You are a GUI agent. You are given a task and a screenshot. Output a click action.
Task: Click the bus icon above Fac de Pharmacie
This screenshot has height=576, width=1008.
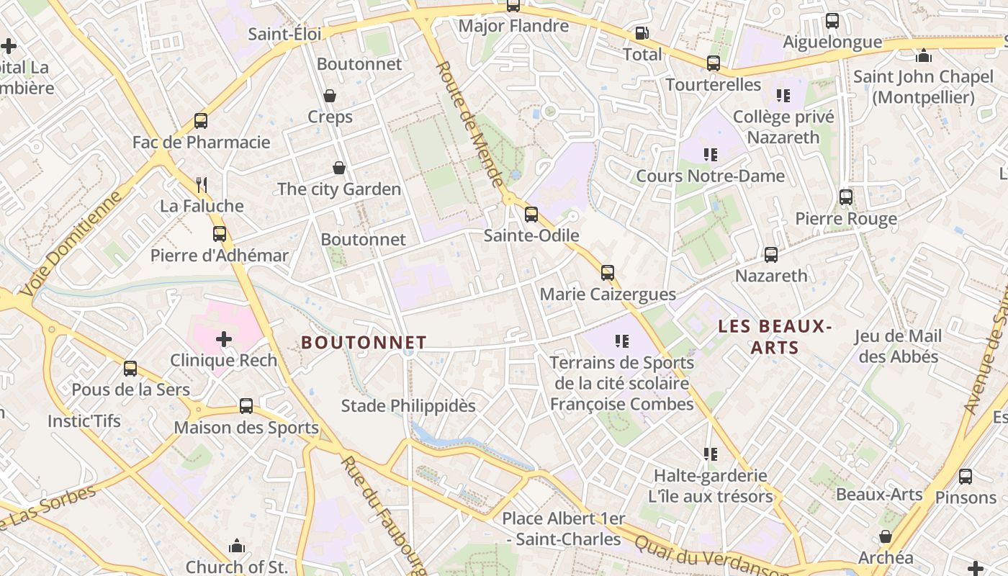click(x=201, y=121)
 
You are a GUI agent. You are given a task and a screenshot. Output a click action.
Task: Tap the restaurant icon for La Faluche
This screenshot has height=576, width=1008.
click(x=202, y=185)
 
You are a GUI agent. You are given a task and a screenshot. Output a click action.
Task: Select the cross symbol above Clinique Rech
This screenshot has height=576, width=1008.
click(x=224, y=338)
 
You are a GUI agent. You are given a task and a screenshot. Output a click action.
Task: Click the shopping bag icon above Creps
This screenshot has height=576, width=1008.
click(x=330, y=96)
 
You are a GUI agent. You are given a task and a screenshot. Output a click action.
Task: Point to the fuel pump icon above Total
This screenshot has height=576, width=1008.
click(x=641, y=33)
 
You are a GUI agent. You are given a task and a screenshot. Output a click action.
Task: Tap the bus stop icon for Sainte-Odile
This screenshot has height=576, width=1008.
click(x=531, y=214)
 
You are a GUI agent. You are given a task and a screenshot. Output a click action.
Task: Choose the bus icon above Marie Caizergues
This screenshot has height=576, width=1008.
click(x=608, y=273)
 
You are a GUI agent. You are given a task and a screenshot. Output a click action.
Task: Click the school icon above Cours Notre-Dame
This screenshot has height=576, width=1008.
click(x=711, y=155)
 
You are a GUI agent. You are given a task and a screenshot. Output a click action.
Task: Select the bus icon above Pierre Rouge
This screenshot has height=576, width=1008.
click(x=846, y=197)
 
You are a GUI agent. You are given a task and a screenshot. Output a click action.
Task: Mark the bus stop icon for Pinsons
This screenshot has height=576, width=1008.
click(x=966, y=476)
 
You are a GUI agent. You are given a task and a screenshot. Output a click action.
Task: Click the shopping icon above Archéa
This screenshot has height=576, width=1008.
click(x=886, y=536)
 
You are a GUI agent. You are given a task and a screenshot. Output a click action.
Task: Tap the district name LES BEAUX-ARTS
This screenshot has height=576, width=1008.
click(x=775, y=337)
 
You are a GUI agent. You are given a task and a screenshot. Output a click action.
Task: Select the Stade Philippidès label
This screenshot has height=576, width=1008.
click(x=408, y=406)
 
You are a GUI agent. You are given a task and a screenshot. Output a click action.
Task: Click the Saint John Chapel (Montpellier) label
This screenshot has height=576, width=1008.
click(x=923, y=86)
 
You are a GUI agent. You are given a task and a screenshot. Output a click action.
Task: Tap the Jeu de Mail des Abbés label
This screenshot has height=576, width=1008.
click(x=899, y=346)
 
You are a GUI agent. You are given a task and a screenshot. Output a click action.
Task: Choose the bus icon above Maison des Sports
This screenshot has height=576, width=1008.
click(x=246, y=406)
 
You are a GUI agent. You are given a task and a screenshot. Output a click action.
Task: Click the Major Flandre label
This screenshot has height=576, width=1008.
click(x=513, y=26)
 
